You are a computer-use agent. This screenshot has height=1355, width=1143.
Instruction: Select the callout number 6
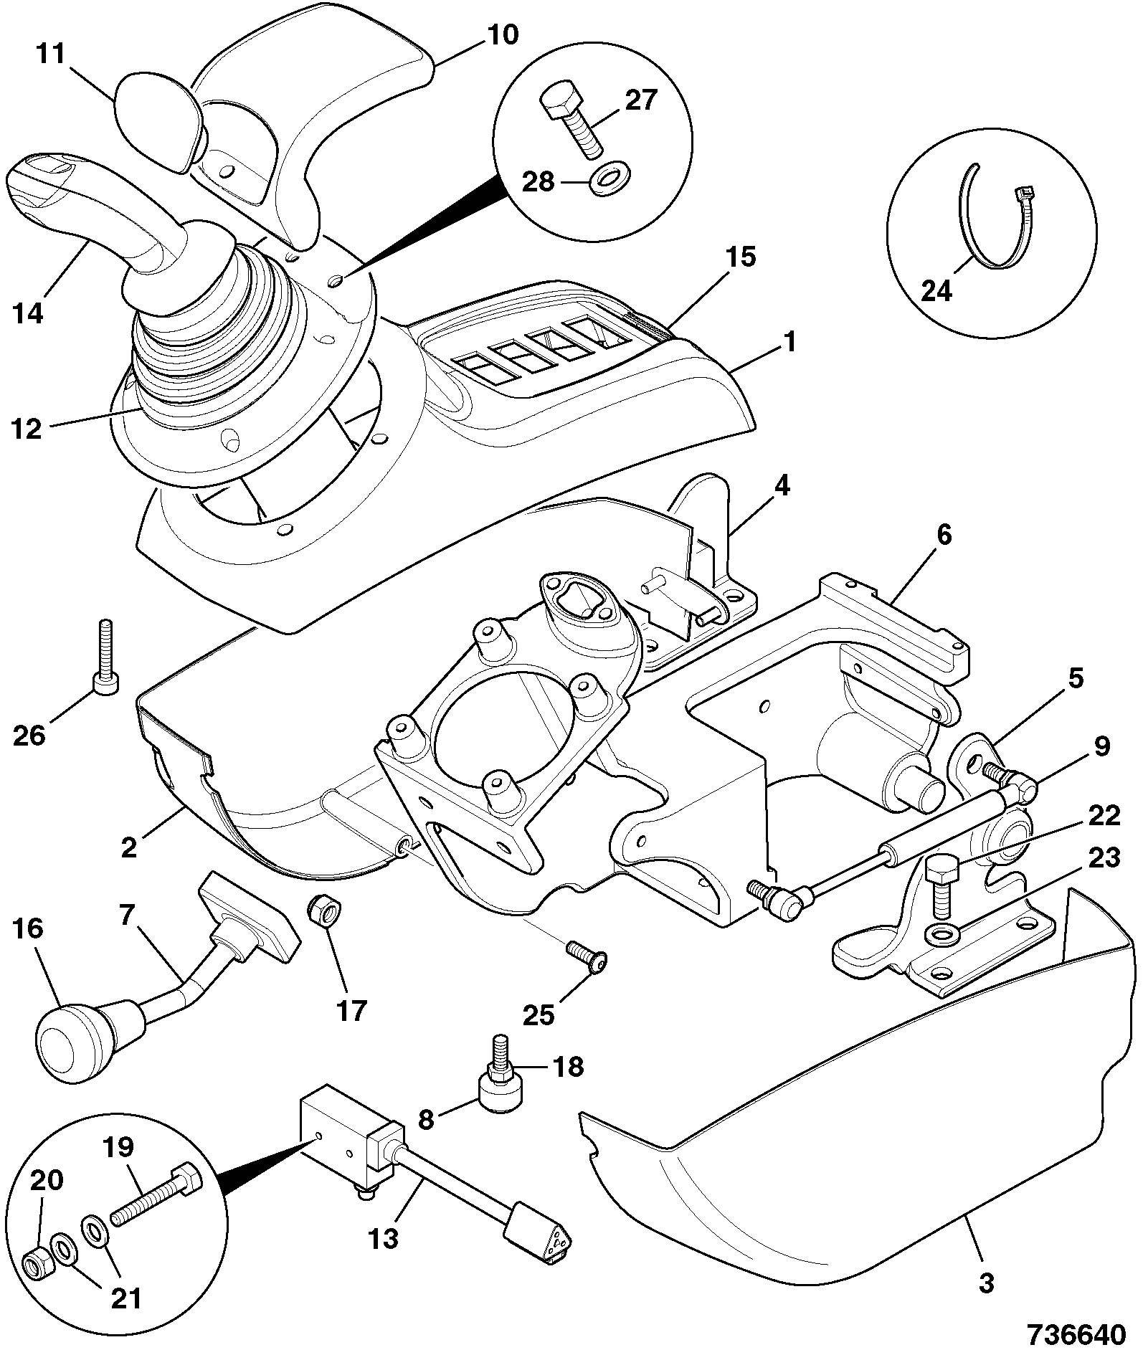[x=944, y=534]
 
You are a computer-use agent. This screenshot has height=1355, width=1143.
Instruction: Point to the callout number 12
[x=27, y=429]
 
